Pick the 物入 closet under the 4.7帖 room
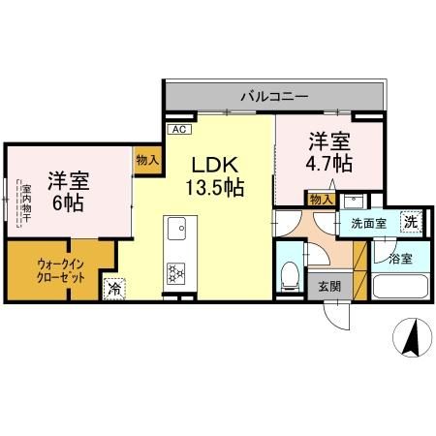point(321,200)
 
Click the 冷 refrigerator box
point(115,287)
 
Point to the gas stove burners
point(176,274)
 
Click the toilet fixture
point(289,277)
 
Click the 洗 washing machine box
point(410,222)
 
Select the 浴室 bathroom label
point(400,259)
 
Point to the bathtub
point(399,289)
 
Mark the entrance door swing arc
point(334,315)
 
